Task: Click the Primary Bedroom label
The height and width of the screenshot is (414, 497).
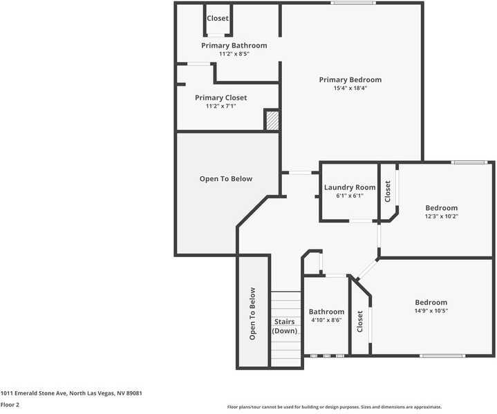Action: pyautogui.click(x=350, y=79)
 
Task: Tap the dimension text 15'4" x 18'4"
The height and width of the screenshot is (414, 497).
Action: pyautogui.click(x=350, y=88)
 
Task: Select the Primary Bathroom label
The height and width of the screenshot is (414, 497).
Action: pyautogui.click(x=234, y=46)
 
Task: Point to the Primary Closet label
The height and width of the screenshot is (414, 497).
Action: pyautogui.click(x=221, y=97)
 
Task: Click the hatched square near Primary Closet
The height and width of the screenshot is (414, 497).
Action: pyautogui.click(x=272, y=120)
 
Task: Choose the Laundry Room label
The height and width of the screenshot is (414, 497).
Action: pyautogui.click(x=350, y=187)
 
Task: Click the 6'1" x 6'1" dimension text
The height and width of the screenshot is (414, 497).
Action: pyautogui.click(x=350, y=196)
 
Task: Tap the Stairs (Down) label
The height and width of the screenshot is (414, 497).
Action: pyautogui.click(x=284, y=326)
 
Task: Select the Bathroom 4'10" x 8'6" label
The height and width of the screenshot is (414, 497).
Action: pyautogui.click(x=326, y=316)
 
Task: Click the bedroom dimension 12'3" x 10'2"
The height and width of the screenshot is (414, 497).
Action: pyautogui.click(x=441, y=216)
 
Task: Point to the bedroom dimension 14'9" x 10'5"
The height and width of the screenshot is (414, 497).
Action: pyautogui.click(x=431, y=311)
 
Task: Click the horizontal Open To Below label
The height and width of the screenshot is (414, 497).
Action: pyautogui.click(x=226, y=179)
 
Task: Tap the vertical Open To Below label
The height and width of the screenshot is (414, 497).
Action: pyautogui.click(x=252, y=313)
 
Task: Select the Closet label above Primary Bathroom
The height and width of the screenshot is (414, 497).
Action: pyautogui.click(x=218, y=19)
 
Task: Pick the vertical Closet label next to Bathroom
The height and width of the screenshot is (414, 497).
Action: pyautogui.click(x=359, y=321)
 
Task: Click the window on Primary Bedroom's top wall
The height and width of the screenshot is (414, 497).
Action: pyautogui.click(x=353, y=3)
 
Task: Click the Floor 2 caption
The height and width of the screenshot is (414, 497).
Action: pyautogui.click(x=10, y=405)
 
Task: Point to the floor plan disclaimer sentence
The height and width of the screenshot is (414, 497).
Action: pyautogui.click(x=335, y=407)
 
